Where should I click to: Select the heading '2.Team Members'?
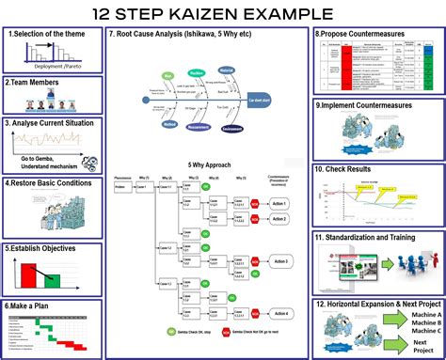point(35,83)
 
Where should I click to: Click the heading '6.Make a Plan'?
point(34,306)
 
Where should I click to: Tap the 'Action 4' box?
point(279,313)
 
